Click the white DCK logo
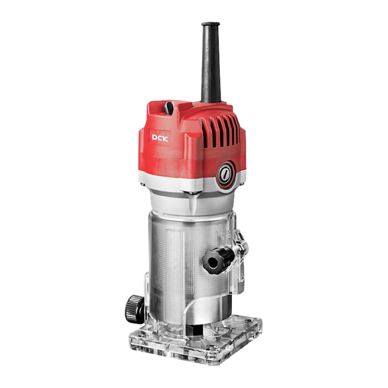point(160,138)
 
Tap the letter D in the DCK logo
point(155,137)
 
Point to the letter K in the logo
point(165,138)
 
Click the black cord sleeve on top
point(211,62)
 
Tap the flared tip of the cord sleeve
point(211,25)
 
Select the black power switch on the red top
point(170,109)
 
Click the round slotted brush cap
point(225,173)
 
